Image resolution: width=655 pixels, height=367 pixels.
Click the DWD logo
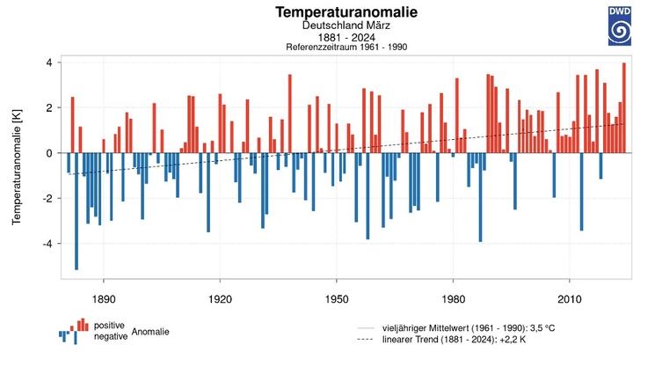(620, 26)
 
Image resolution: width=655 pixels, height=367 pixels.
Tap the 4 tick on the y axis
(50, 62)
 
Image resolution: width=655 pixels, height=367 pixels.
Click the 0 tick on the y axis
(50, 153)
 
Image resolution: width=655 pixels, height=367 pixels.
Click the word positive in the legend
(109, 326)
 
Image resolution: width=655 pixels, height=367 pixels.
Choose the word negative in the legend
(111, 336)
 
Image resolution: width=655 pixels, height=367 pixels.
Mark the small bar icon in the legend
(75, 330)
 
